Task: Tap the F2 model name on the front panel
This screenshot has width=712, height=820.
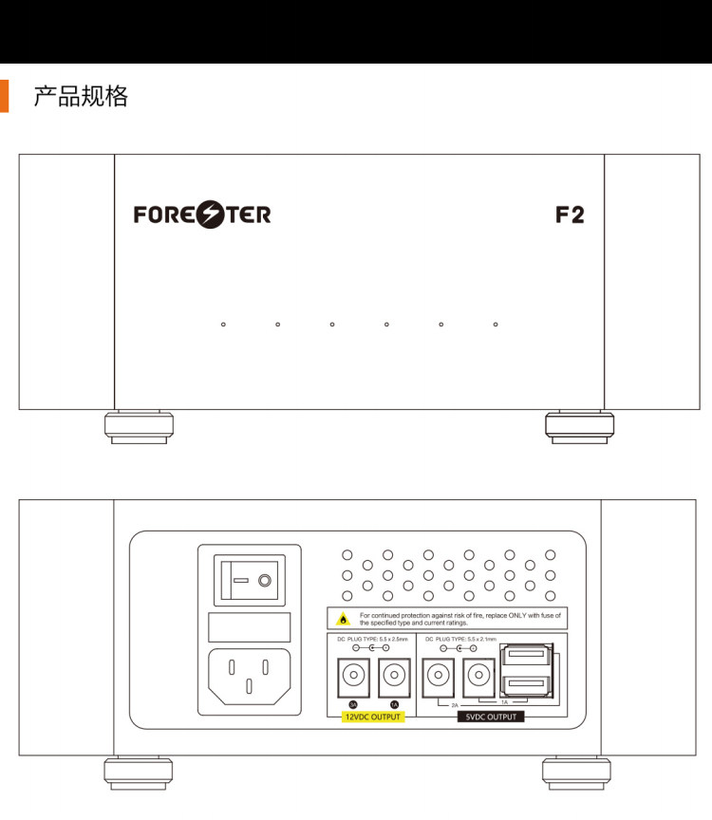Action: tap(570, 214)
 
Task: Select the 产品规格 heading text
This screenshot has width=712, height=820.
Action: tap(81, 96)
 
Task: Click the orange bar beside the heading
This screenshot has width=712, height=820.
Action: tap(4, 96)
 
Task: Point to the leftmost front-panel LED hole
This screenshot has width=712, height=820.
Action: tap(223, 325)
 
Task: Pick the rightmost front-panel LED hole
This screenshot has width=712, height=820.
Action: tap(496, 325)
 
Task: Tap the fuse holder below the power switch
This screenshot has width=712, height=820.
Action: tap(250, 627)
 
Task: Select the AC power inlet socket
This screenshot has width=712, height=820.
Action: tap(250, 675)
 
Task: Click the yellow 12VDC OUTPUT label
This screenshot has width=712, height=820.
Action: tap(373, 717)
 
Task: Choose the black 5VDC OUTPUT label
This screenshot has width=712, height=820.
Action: tap(491, 717)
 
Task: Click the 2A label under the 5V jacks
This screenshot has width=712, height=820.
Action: tap(455, 706)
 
